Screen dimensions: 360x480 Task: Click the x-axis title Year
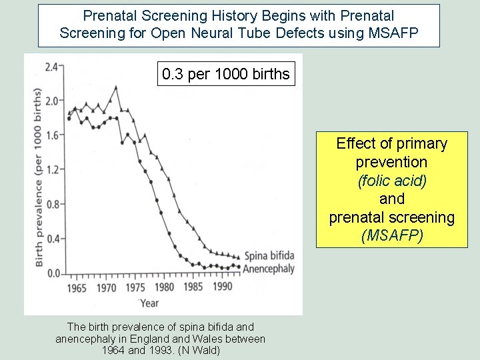click(149, 303)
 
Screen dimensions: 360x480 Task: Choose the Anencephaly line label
click(269, 268)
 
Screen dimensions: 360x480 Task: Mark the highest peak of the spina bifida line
click(116, 87)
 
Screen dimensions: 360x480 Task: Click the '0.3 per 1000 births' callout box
click(226, 74)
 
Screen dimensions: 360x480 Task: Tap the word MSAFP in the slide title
click(395, 32)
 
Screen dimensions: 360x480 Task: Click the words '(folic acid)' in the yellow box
click(391, 180)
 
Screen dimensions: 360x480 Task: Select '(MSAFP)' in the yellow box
click(391, 235)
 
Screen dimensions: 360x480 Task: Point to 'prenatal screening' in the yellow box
click(391, 217)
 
